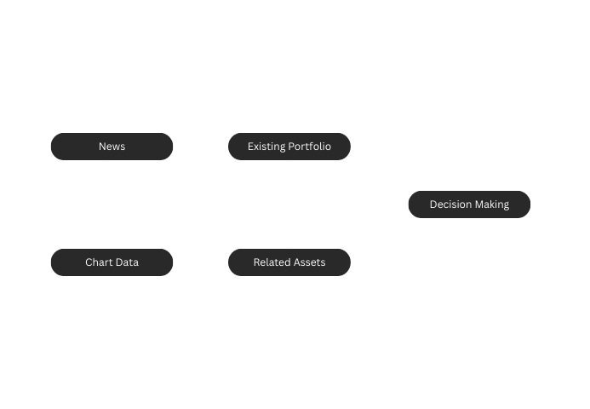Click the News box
coord(112,147)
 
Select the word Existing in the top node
coord(266,147)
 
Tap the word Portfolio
coord(309,147)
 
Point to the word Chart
coord(99,262)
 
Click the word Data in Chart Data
coord(127,262)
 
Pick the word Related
coord(272,262)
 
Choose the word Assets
coord(310,262)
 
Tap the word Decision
coord(449,204)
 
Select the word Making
coord(491,204)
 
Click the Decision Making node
coord(469,204)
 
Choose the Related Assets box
coord(289,262)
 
